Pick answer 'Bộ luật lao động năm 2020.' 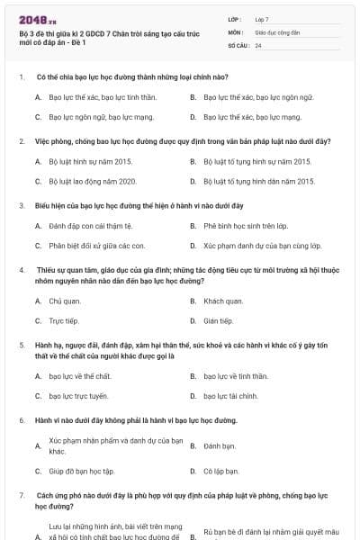[x=92, y=181]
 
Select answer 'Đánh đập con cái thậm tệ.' [x=90, y=225]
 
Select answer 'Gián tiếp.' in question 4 [x=220, y=320]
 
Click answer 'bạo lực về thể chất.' [x=80, y=376]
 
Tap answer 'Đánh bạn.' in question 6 [x=220, y=445]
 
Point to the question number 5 [x=22, y=345]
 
